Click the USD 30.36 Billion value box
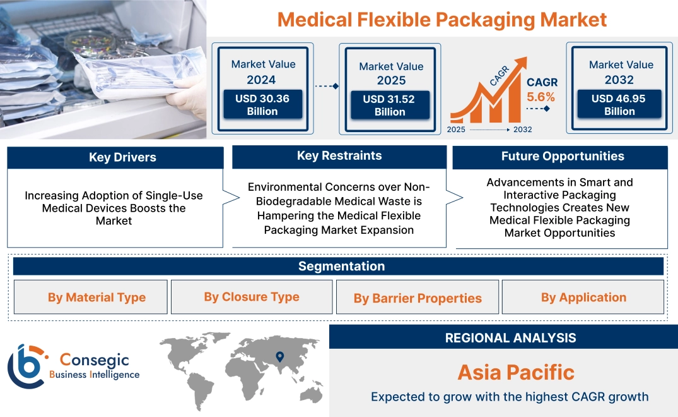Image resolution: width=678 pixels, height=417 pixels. coord(262,104)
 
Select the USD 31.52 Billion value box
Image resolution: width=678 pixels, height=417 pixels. coord(390,105)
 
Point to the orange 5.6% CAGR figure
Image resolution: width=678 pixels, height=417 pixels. coord(541,97)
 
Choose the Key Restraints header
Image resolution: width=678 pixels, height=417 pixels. coord(339,156)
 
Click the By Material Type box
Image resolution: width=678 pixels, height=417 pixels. coord(96,297)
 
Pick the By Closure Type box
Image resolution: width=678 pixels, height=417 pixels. coord(252,297)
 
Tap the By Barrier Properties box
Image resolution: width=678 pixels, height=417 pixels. coord(418,298)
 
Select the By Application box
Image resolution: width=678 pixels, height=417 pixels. coord(583,297)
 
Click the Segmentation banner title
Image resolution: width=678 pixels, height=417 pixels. coord(341,266)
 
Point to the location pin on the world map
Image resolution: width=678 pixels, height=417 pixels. coord(280,358)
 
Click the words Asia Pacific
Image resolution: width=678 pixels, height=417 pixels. coord(516,372)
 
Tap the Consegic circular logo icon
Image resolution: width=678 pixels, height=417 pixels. coord(25,366)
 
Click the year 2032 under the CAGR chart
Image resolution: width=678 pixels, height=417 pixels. coord(522,130)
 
